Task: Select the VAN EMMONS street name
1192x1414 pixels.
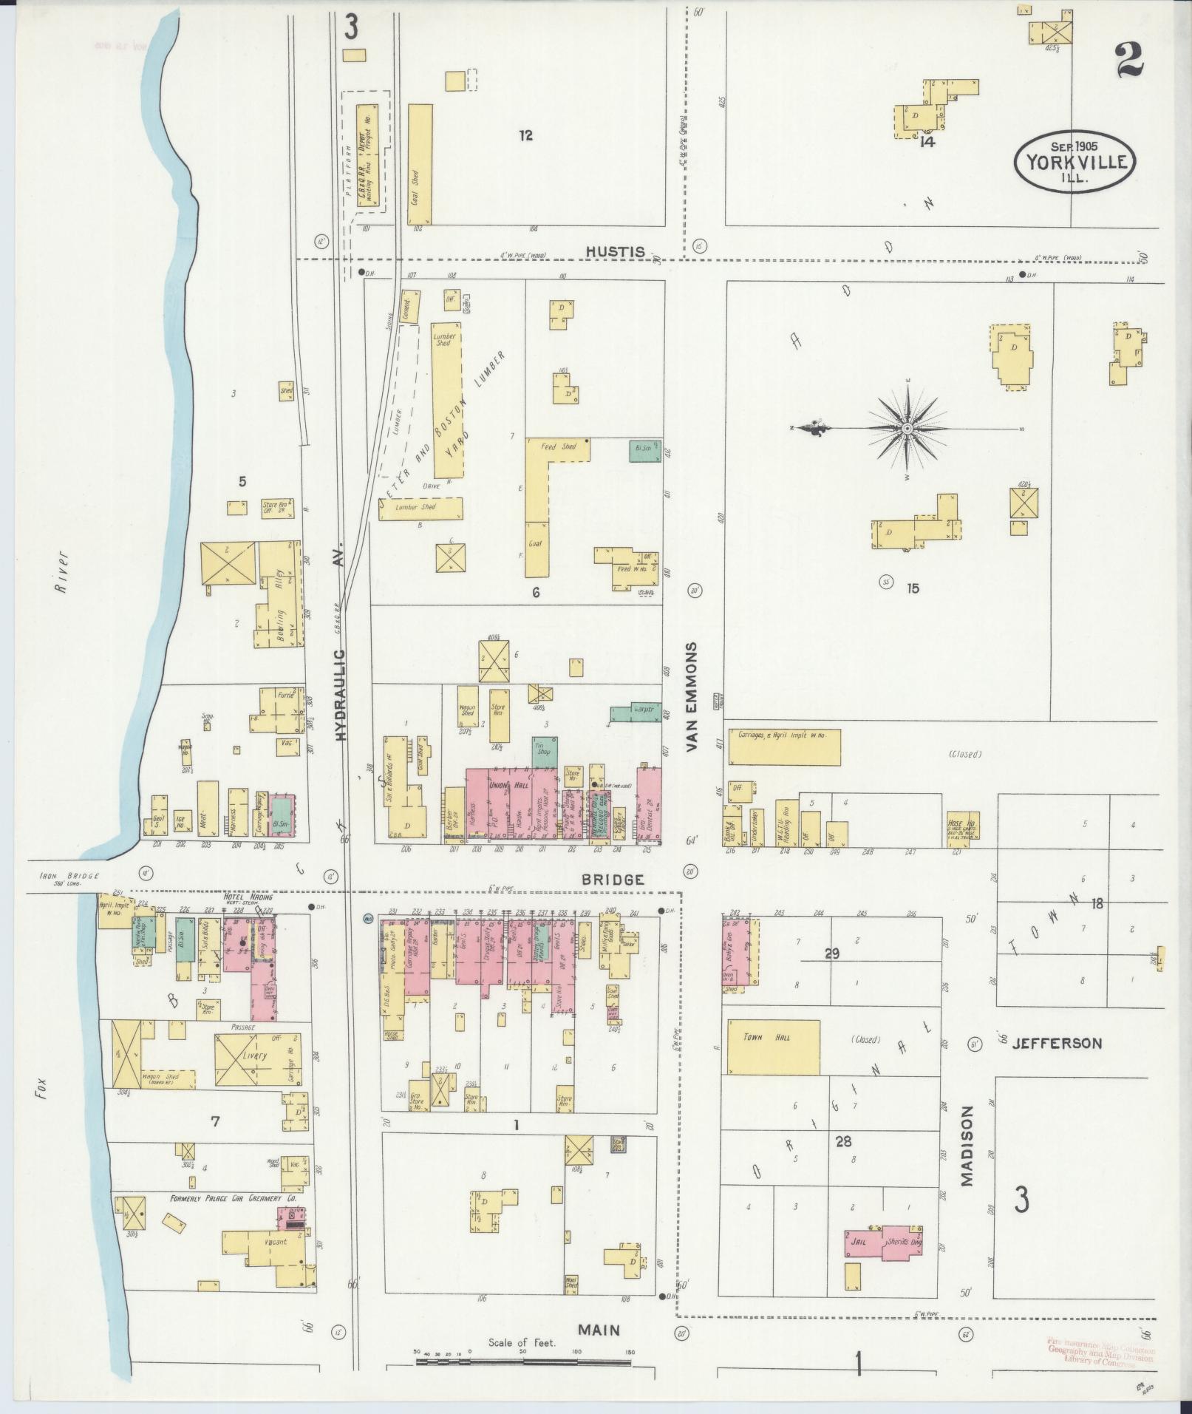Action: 692,697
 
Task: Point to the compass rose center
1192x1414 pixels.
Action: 907,428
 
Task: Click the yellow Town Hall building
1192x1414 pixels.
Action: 773,1047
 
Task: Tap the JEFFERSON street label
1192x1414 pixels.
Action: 1056,1044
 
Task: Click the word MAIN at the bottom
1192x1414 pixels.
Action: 599,1330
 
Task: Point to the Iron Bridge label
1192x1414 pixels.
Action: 68,877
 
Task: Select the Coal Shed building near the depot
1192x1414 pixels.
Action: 420,163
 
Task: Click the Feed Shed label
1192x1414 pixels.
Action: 559,446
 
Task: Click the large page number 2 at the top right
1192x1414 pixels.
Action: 1130,59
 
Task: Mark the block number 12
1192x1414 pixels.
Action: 525,135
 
